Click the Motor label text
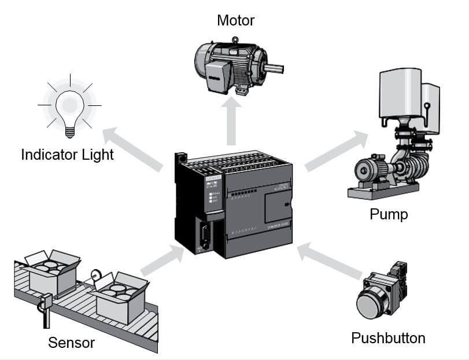point(235,21)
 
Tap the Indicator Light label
point(67,155)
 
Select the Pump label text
point(389,215)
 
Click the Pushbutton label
point(388,337)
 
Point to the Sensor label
point(71,343)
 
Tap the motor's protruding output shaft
point(276,68)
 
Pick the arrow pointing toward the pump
point(335,152)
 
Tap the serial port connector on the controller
point(203,238)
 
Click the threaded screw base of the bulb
point(70,131)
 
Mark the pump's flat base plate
point(383,190)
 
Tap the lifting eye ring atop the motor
point(235,40)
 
